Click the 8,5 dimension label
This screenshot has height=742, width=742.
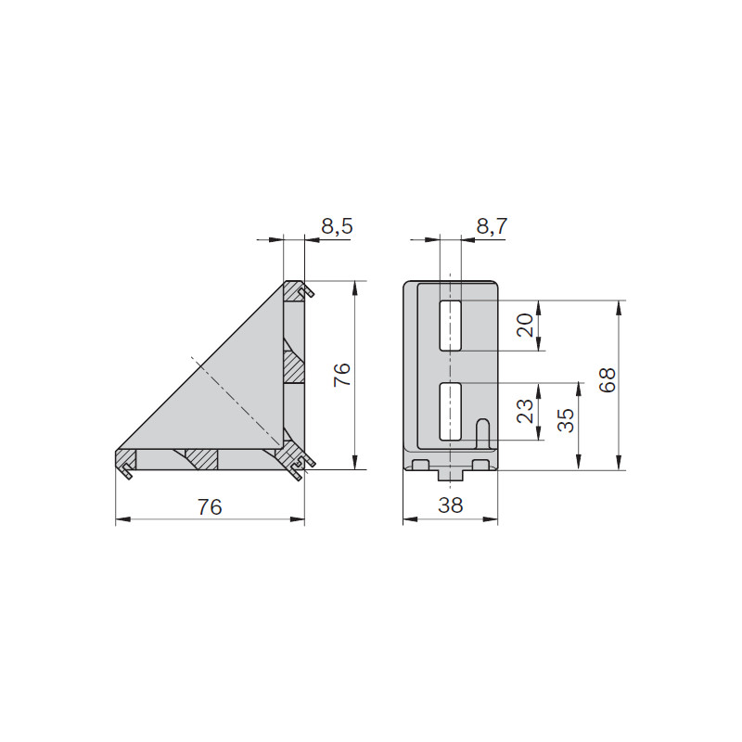337,226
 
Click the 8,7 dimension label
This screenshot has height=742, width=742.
492,226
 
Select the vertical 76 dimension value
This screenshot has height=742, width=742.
341,375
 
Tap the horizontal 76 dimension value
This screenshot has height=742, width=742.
210,506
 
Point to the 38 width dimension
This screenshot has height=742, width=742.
450,505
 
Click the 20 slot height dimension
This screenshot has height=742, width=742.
525,326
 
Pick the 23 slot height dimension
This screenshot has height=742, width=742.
525,411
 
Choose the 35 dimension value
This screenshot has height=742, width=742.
565,420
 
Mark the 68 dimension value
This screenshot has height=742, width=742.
608,379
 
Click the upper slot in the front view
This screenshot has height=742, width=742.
450,326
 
